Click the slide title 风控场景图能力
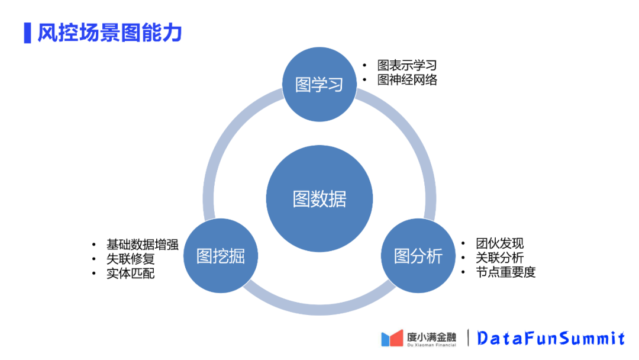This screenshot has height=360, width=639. (109, 33)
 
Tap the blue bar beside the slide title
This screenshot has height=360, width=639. (27, 33)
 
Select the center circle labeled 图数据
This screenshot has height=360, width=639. (319, 199)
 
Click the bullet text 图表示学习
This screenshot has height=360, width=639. (407, 65)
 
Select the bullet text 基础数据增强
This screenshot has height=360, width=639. (143, 245)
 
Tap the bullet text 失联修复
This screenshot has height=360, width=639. (131, 259)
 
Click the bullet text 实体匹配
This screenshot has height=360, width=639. (131, 273)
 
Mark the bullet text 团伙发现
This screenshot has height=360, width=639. (500, 243)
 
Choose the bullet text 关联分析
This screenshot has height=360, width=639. (500, 258)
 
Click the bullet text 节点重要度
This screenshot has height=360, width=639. (506, 272)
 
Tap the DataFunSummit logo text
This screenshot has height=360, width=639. (551, 338)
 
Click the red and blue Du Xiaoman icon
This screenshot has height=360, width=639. (392, 338)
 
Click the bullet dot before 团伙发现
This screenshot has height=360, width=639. (464, 244)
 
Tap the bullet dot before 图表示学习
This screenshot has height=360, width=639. (365, 66)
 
